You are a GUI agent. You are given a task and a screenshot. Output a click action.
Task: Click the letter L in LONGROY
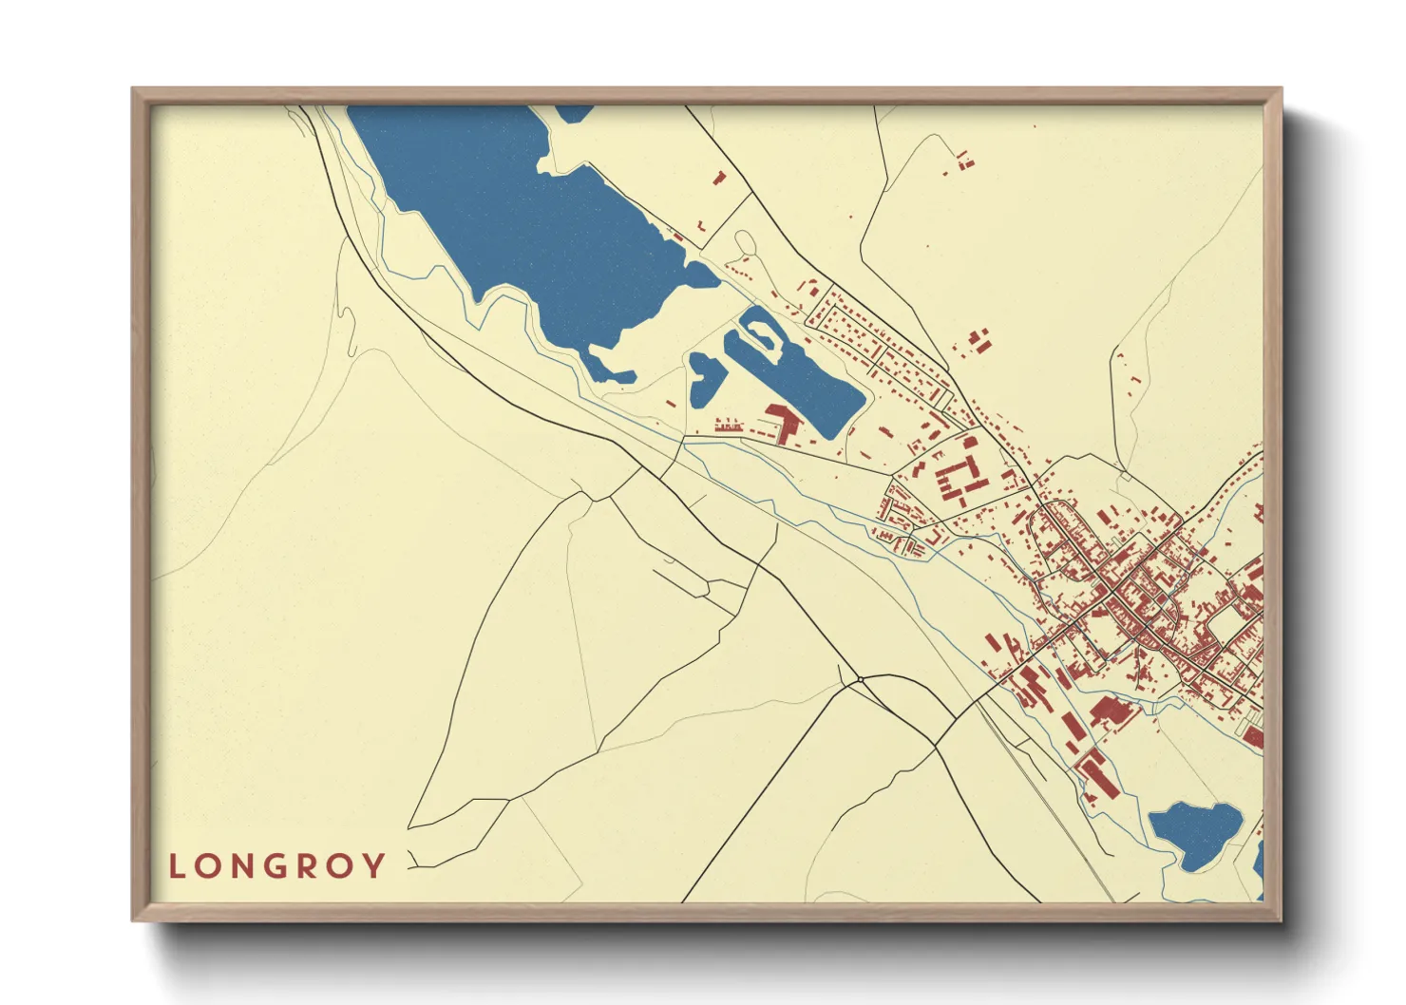click(176, 866)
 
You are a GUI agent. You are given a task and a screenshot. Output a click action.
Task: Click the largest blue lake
click(513, 218)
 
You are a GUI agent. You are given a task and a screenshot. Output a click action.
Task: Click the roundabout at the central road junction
click(859, 679)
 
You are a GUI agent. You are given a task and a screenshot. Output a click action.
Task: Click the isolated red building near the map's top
click(719, 177)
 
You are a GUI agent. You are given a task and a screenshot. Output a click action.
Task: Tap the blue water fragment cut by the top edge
click(573, 112)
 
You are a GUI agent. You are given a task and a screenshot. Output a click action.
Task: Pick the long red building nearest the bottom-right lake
click(1096, 774)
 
